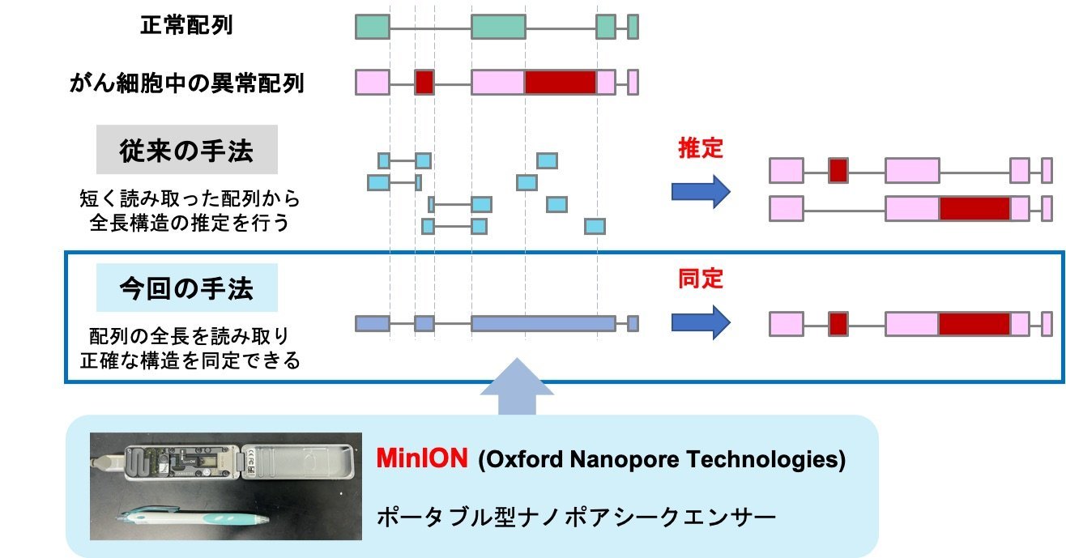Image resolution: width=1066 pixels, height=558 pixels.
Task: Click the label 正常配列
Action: (186, 25)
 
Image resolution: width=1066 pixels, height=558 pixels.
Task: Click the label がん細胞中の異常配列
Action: (186, 83)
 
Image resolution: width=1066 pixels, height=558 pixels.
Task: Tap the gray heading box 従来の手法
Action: (187, 149)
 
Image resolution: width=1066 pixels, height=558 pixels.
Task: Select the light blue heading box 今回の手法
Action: (187, 288)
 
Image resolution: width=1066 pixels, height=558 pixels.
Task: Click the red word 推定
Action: (701, 148)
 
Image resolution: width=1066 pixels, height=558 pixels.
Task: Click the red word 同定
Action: (701, 279)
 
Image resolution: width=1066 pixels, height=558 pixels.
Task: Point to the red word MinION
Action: (422, 458)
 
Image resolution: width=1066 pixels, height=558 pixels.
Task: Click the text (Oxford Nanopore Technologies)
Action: (662, 459)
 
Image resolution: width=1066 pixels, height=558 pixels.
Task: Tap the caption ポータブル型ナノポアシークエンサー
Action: (576, 517)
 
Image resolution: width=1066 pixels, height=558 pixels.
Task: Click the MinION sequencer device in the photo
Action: (224, 461)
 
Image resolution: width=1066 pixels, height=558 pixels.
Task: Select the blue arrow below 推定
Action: (701, 192)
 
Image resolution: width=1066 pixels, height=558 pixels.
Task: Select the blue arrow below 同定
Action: (701, 322)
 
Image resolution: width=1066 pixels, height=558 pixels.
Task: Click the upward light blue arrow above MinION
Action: (517, 386)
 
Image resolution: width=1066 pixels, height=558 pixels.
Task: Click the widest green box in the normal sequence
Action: (499, 27)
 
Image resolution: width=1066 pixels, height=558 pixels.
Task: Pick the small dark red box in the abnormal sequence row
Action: (424, 83)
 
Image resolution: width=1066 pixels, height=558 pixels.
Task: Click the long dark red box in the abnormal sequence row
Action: (561, 83)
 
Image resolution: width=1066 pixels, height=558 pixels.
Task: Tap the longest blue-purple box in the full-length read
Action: (544, 323)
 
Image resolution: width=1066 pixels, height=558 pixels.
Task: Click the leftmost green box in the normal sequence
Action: (373, 27)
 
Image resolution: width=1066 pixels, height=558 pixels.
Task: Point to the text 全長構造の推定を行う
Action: (190, 223)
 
